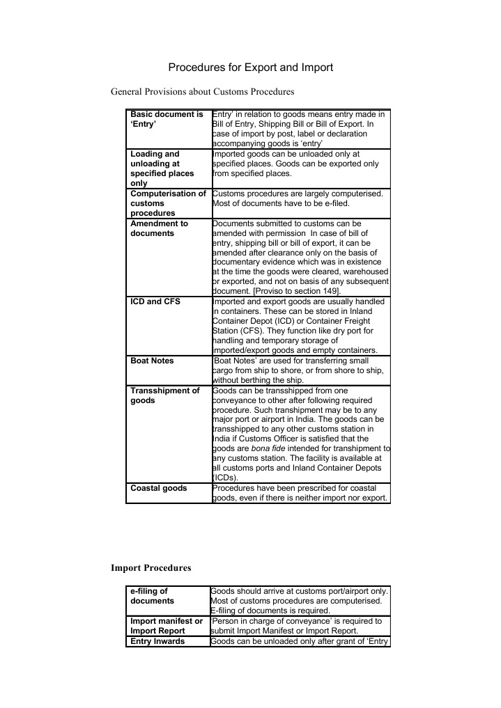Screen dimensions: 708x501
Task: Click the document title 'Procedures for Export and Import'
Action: (251, 68)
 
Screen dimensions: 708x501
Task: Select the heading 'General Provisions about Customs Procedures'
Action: (203, 91)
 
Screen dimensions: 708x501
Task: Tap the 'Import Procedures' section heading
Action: (151, 568)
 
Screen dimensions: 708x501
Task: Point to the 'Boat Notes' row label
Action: (153, 361)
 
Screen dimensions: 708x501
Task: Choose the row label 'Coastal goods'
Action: (159, 488)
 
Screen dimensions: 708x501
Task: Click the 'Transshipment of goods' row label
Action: (165, 395)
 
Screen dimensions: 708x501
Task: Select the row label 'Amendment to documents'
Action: (160, 228)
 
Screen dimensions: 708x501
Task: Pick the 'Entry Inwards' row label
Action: (157, 641)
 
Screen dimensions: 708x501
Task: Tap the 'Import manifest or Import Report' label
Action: (167, 626)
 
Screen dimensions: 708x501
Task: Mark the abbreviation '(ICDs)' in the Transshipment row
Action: (225, 478)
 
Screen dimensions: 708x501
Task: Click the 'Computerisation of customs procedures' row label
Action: (168, 203)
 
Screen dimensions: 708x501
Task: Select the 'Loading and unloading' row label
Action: (163, 168)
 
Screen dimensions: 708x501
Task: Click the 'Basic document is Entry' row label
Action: (167, 119)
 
